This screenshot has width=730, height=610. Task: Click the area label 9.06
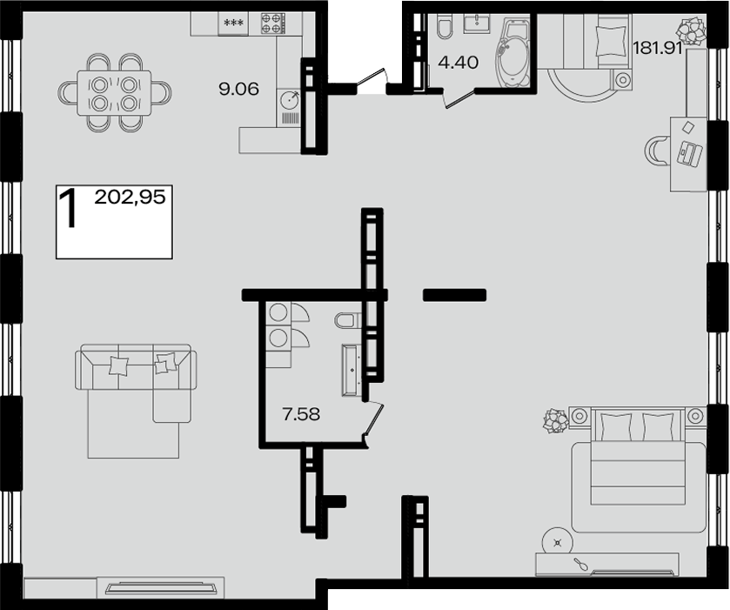(238, 89)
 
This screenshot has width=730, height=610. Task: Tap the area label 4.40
(459, 62)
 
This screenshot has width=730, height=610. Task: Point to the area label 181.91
(658, 48)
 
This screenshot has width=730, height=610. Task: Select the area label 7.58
(301, 414)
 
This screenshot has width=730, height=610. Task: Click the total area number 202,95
(130, 198)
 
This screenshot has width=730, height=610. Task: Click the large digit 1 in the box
(69, 208)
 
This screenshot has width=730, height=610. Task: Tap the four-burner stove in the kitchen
(273, 23)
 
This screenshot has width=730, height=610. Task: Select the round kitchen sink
(290, 99)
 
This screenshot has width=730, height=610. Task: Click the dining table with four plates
(114, 92)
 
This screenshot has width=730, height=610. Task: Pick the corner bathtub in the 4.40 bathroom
(512, 52)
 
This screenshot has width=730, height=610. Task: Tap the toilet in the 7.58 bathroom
(347, 320)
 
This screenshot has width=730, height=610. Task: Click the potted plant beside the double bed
(556, 421)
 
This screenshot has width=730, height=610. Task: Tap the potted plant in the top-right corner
(691, 30)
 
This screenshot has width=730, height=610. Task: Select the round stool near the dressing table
(557, 541)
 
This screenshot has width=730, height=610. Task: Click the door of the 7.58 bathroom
(373, 420)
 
